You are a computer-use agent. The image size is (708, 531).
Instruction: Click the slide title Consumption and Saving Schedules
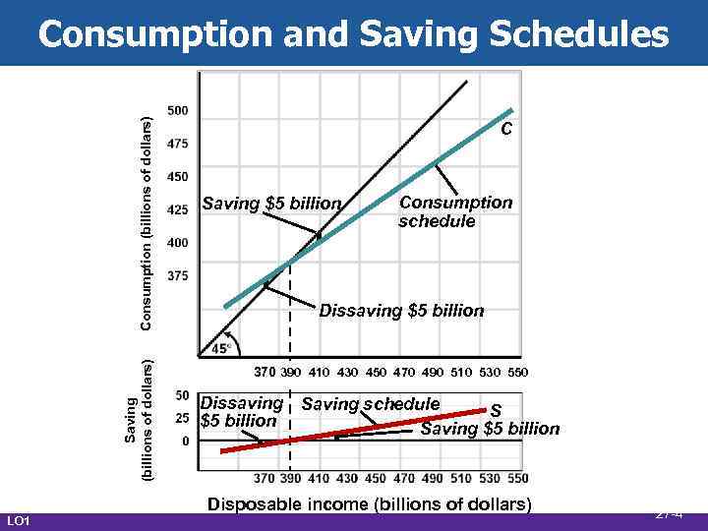click(353, 34)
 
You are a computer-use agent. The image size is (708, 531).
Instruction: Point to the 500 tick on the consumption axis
click(178, 110)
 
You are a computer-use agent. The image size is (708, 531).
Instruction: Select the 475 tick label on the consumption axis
click(178, 144)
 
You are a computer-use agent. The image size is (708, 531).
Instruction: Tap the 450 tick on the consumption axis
click(178, 177)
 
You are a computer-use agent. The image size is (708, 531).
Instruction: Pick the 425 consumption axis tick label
click(178, 209)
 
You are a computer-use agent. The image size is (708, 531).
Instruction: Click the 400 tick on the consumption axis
click(178, 242)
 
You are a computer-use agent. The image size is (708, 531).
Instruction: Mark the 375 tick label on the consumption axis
click(178, 275)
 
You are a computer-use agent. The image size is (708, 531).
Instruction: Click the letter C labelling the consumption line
click(505, 129)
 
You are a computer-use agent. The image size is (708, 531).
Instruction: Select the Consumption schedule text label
click(454, 211)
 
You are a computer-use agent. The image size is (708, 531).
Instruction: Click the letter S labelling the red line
click(497, 410)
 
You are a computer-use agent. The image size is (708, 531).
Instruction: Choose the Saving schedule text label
click(371, 404)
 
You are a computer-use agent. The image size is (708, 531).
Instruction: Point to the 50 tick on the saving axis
click(182, 395)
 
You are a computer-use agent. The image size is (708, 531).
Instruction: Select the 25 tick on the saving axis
click(182, 419)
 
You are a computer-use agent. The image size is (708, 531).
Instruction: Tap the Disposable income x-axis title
click(369, 504)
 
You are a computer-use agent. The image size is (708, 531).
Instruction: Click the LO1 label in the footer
click(19, 519)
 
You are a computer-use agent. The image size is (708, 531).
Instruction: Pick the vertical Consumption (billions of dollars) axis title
click(146, 223)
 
